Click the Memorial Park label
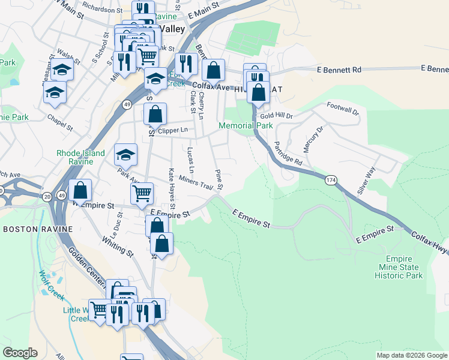tap(246, 125)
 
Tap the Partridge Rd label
tap(288, 154)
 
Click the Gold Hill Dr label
tap(276, 115)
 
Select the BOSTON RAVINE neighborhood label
tap(38, 229)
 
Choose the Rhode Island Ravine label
tap(80, 157)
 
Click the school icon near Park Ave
tap(125, 155)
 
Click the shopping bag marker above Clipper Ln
tap(155, 113)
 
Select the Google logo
tap(20, 353)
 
